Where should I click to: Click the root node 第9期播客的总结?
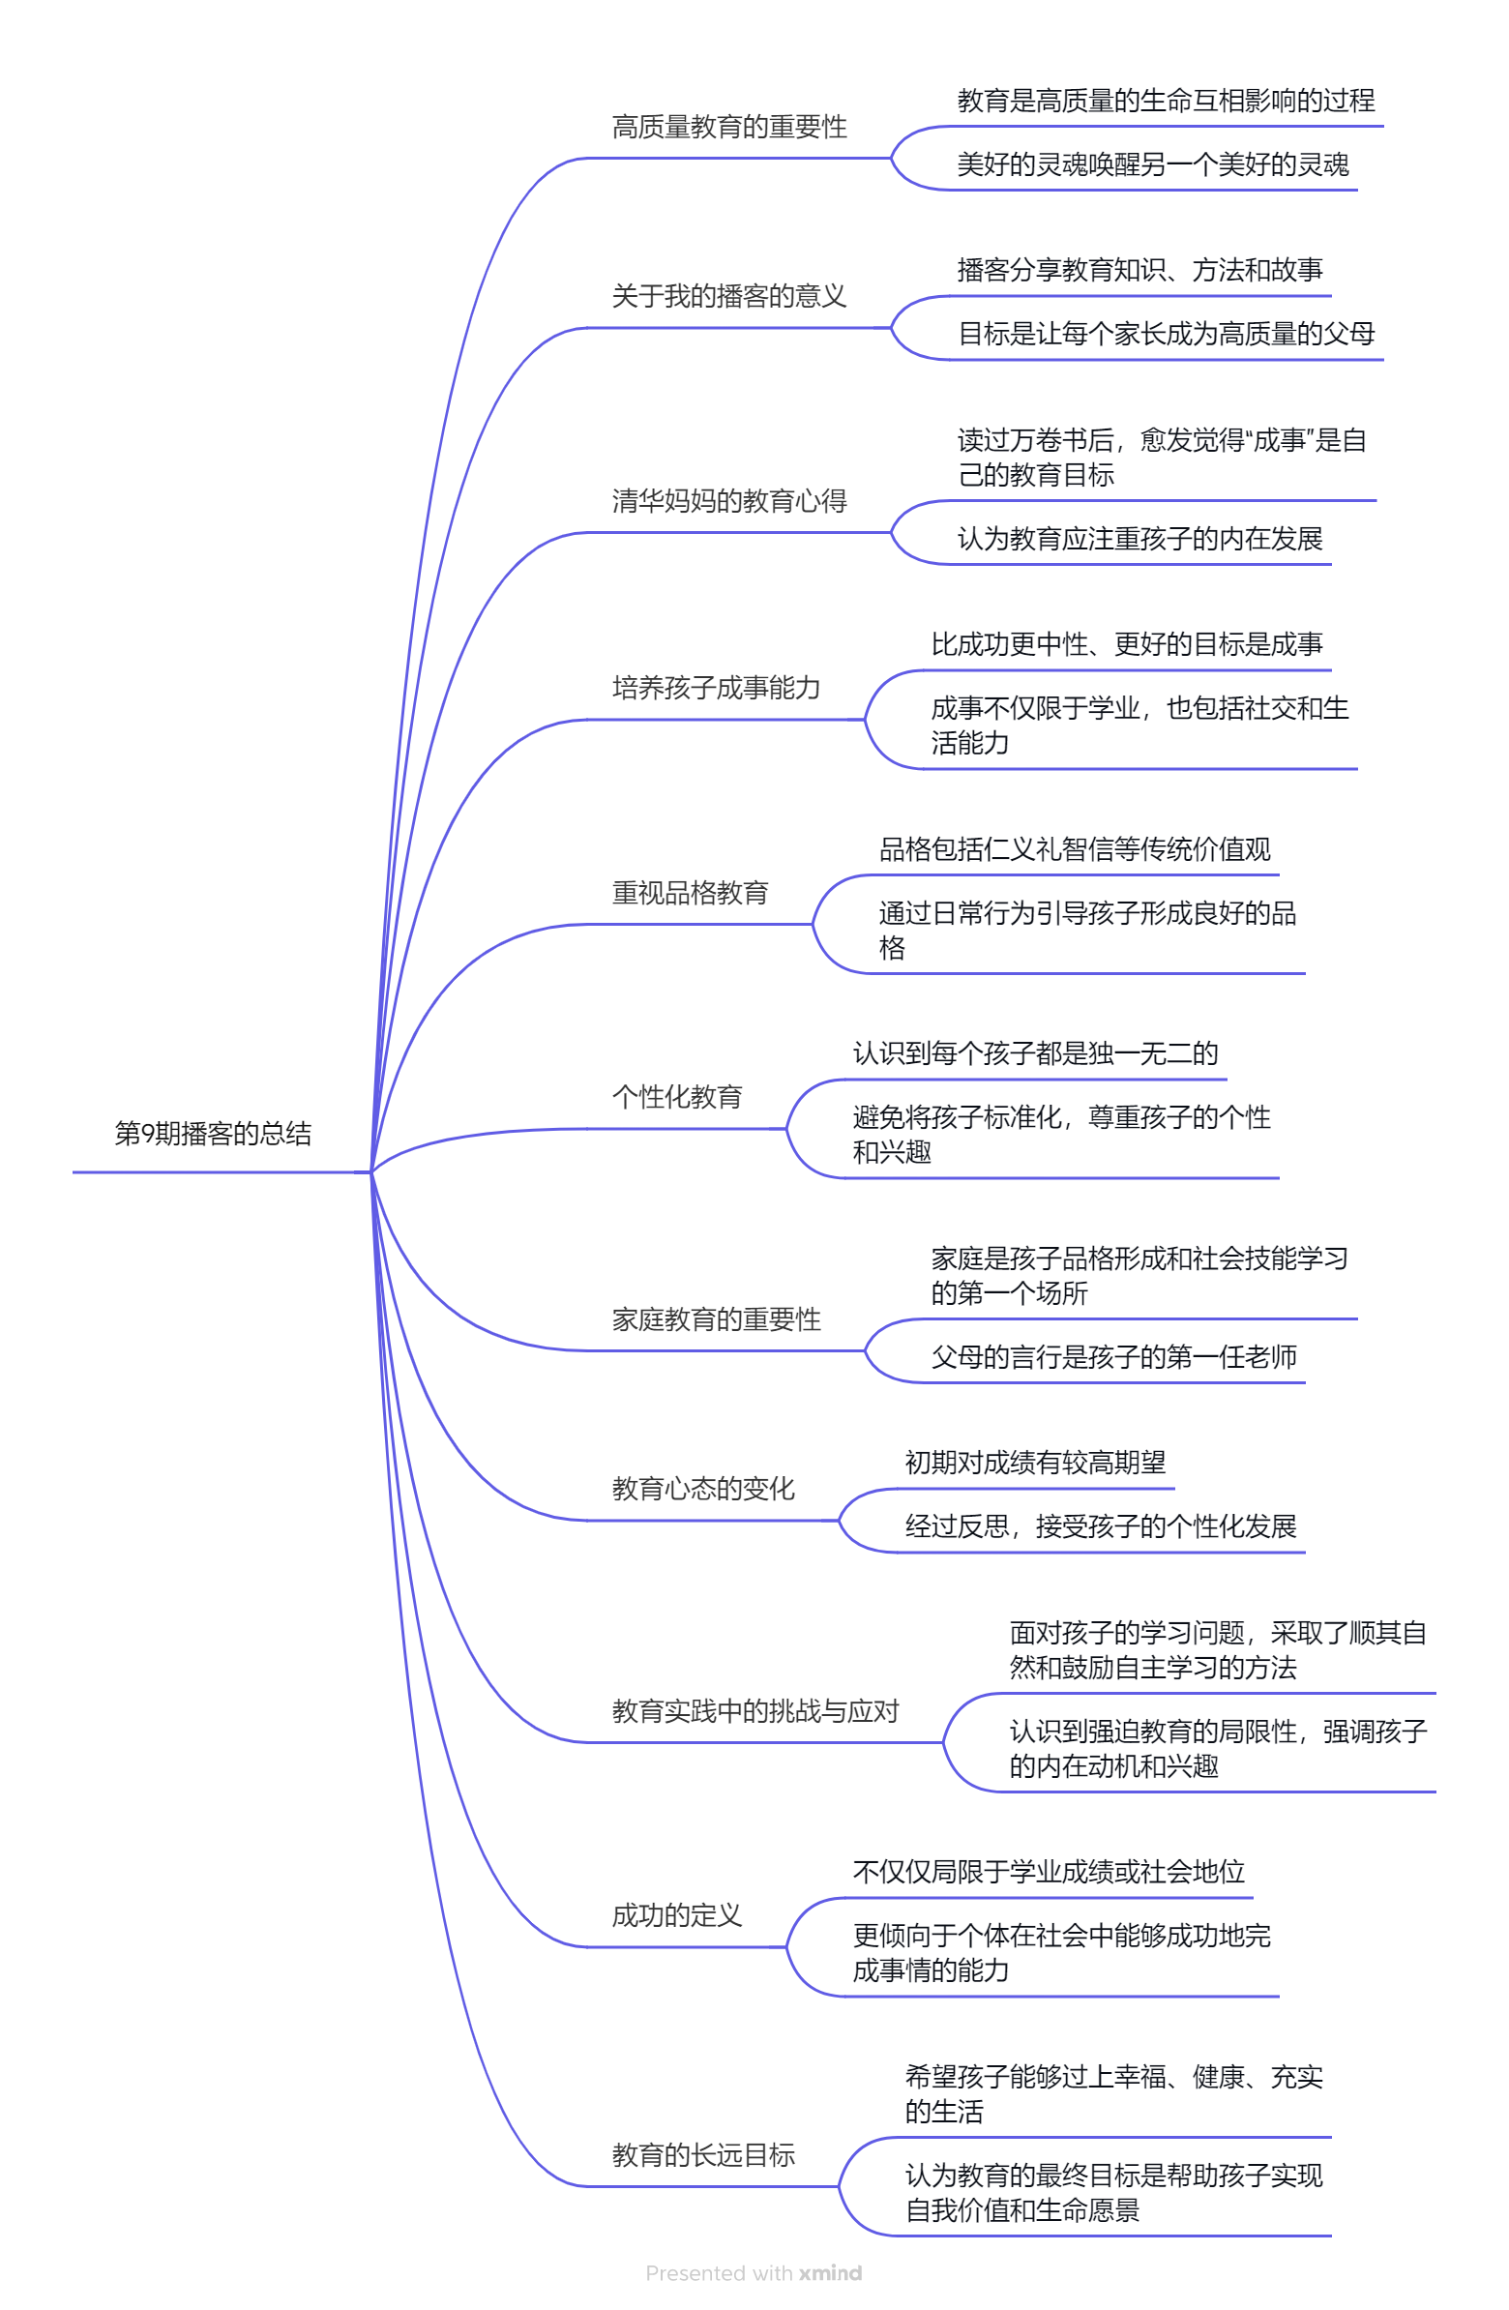pos(213,1133)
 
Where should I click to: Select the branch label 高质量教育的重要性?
pos(728,126)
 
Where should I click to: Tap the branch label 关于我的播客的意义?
pos(728,296)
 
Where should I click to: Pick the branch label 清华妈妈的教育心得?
pos(728,501)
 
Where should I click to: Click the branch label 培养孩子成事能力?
pos(716,688)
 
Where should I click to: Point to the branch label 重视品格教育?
pos(690,893)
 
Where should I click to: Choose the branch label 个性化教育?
pos(676,1097)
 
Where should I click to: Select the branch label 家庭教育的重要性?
pos(716,1319)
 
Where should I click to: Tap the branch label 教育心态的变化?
pos(702,1489)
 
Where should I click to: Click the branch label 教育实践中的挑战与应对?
pos(755,1711)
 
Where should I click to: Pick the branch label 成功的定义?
pos(676,1916)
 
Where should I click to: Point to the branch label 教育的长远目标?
pos(702,2155)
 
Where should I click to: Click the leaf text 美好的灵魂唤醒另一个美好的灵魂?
pos(1152,165)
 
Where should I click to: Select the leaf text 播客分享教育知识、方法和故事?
pos(1139,270)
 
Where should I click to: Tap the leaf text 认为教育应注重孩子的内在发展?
pos(1139,539)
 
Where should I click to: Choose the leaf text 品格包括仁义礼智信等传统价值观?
pos(1075,849)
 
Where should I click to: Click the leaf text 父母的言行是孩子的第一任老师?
pos(1113,1357)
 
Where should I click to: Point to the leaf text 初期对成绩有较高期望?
pos(1034,1463)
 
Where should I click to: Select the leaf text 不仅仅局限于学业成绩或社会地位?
pos(1048,1872)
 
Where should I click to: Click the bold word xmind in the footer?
pos(830,2273)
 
